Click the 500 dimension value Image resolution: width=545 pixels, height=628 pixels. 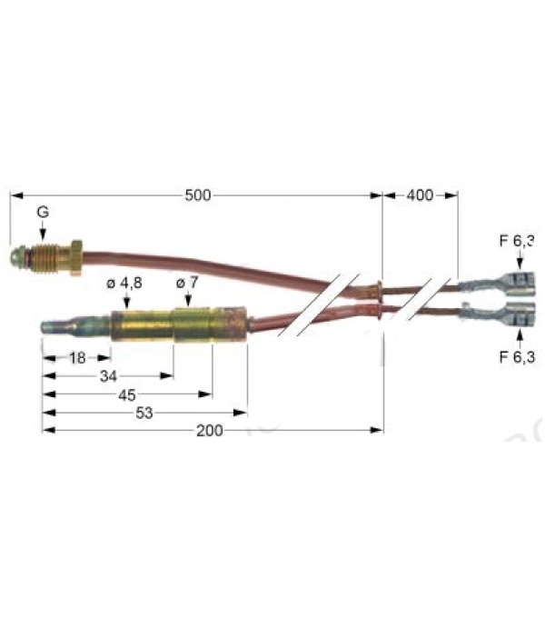coord(198,195)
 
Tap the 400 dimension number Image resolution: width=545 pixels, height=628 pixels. coord(420,195)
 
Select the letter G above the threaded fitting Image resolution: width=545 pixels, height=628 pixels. coord(43,212)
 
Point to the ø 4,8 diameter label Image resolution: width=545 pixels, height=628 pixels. coord(124,284)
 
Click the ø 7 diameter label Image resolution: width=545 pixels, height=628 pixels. coord(187,283)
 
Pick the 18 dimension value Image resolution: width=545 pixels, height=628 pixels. coord(77,358)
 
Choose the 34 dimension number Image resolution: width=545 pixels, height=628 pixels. coord(108,376)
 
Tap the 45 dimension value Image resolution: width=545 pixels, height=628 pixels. coord(127,395)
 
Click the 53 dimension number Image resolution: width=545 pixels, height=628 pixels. coord(144,413)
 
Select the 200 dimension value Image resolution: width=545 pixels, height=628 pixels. coord(209,431)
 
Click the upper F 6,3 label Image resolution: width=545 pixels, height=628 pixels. coord(517,241)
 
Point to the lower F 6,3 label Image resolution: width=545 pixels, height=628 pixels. coord(517,356)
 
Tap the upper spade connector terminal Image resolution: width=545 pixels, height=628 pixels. coord(497,282)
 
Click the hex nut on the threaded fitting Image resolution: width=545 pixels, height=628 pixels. coord(76,257)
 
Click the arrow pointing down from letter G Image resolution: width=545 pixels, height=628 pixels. coord(43,231)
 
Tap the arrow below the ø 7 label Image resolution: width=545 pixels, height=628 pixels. coord(188,299)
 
